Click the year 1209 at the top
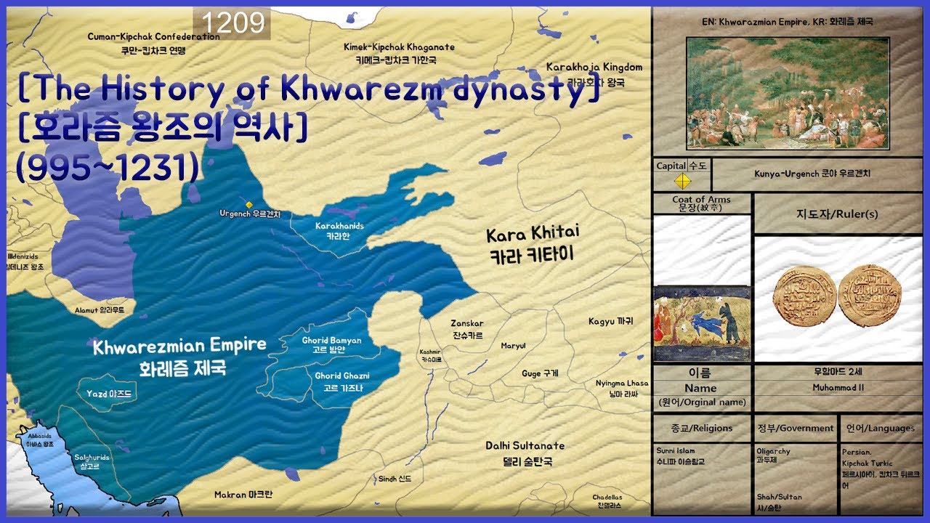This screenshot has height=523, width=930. (x=232, y=24)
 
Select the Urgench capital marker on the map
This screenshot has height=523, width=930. (x=249, y=204)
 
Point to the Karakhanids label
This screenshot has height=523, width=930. (x=339, y=231)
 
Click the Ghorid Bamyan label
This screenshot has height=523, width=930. (x=331, y=344)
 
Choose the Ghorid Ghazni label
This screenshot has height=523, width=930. (x=342, y=381)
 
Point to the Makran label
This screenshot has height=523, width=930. (x=243, y=495)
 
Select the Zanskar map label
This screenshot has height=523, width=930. (x=467, y=329)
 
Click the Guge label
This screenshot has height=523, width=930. (x=540, y=373)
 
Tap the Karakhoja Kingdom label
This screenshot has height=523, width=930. (x=594, y=74)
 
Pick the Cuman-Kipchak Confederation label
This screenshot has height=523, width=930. (x=153, y=43)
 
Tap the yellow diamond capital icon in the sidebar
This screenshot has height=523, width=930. (x=682, y=180)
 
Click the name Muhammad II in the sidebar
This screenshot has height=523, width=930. (x=838, y=388)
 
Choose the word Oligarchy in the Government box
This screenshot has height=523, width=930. (x=773, y=451)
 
